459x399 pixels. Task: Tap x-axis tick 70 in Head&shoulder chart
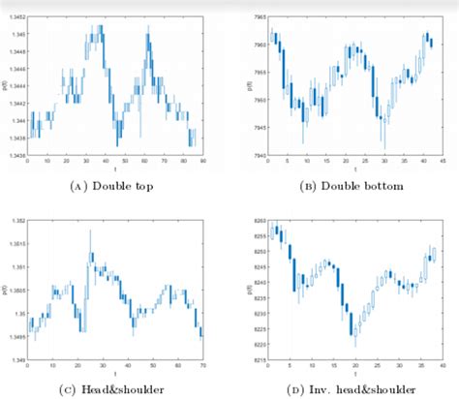pyautogui.click(x=202, y=368)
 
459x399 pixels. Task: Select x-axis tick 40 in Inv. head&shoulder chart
pyautogui.click(x=441, y=368)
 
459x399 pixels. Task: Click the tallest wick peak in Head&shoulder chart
pyautogui.click(x=90, y=230)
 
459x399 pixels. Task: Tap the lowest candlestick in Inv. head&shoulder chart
pyautogui.click(x=355, y=339)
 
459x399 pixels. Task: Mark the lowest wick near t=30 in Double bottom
pyautogui.click(x=383, y=146)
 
